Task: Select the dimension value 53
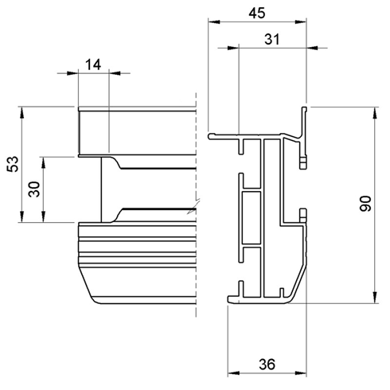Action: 11,164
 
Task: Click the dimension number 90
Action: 365,205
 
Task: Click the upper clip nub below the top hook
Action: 303,162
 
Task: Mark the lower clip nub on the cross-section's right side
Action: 302,214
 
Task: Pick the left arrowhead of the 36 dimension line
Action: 232,372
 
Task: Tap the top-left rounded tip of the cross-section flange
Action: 211,135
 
